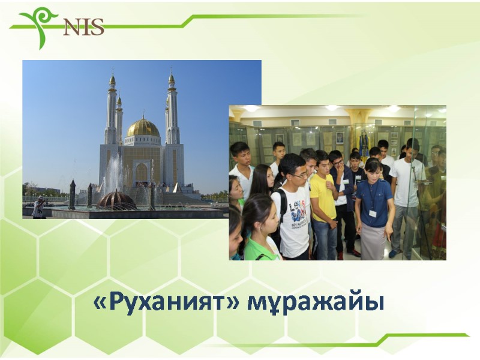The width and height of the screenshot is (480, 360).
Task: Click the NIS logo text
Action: [x=83, y=26]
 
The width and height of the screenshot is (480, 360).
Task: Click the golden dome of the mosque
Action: [x=143, y=128]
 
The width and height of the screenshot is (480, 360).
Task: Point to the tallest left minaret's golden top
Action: [x=112, y=79]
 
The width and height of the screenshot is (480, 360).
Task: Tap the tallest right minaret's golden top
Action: [x=172, y=79]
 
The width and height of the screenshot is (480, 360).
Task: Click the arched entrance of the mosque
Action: [x=142, y=173]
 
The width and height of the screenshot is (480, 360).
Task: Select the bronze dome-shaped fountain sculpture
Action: [x=116, y=200]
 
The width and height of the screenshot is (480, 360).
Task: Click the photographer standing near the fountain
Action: [x=39, y=206]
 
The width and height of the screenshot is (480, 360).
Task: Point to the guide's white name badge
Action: [x=373, y=213]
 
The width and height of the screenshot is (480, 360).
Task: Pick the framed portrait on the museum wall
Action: [x=340, y=138]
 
